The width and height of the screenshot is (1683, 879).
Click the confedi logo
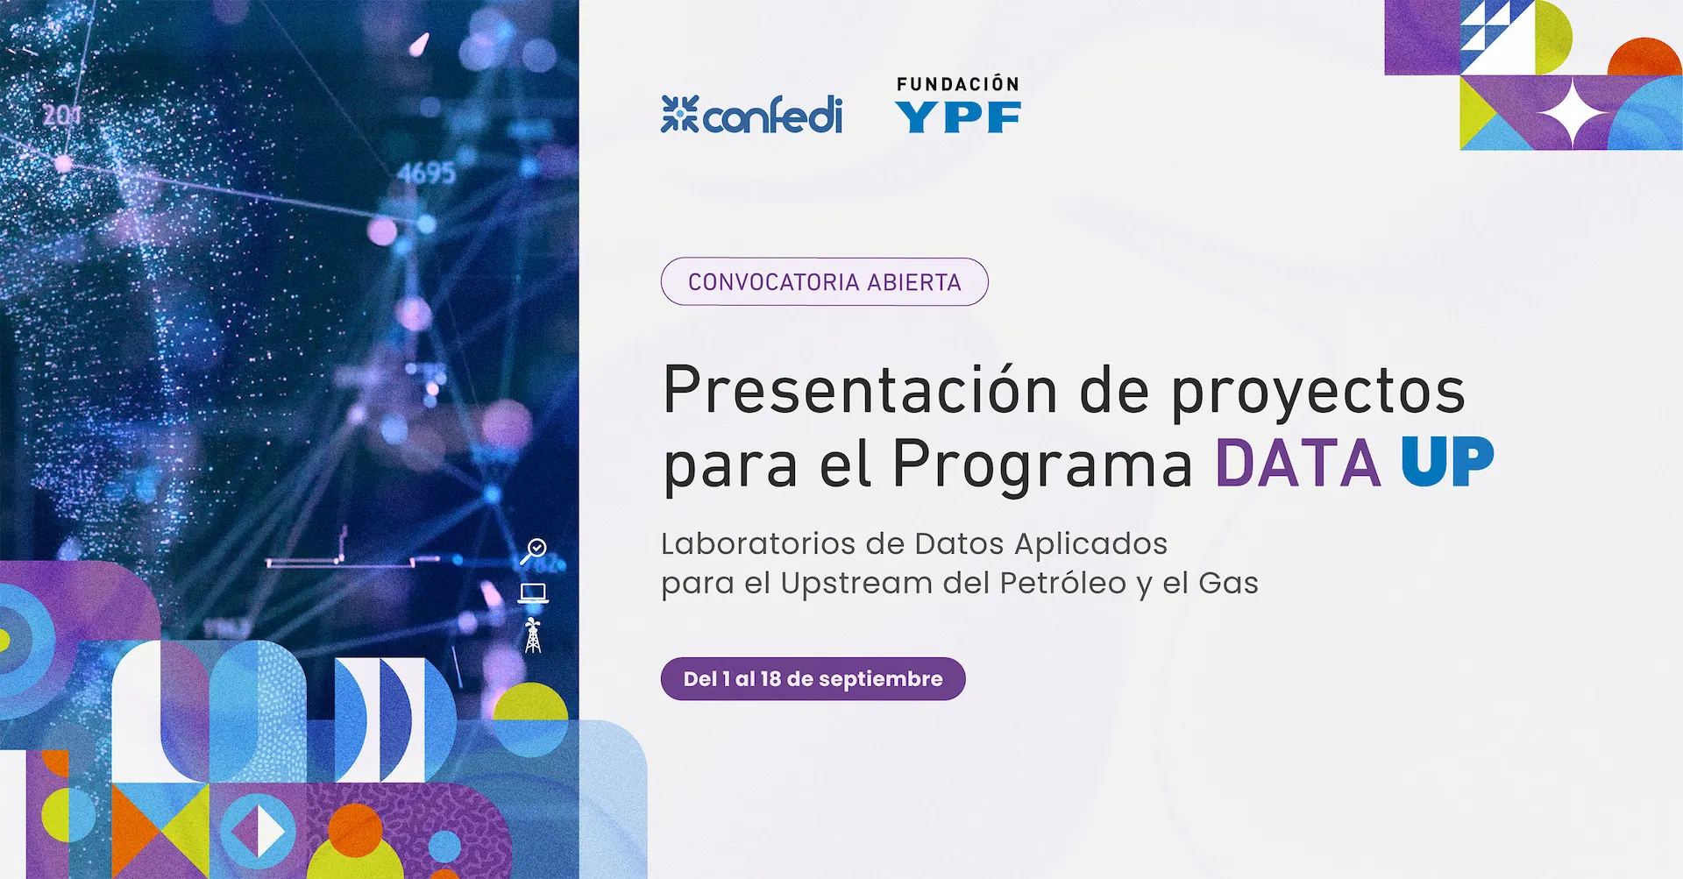(x=751, y=114)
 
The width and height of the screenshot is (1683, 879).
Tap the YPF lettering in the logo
(x=958, y=117)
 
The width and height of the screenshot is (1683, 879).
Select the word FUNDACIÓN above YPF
(x=958, y=84)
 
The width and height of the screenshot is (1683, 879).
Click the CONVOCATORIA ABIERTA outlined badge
(x=824, y=281)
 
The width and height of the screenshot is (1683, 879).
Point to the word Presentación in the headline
(x=860, y=390)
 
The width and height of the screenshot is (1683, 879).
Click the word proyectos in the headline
(x=1318, y=393)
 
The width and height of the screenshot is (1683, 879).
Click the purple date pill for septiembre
(x=813, y=679)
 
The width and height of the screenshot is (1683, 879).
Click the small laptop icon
(x=533, y=593)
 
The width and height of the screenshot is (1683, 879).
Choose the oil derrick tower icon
(x=533, y=635)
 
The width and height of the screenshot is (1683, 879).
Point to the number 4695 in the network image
(x=427, y=173)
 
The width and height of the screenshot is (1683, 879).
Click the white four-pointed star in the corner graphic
(x=1574, y=113)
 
